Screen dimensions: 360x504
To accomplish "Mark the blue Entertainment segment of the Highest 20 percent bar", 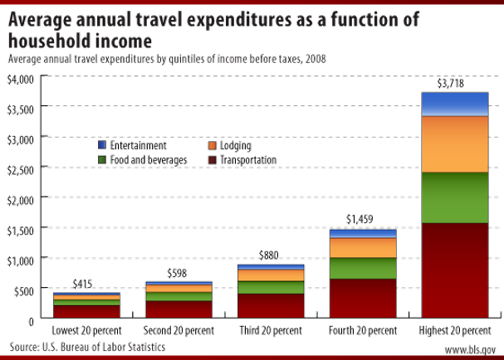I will click(454, 103).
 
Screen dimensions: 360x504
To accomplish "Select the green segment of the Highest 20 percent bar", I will click(454, 197).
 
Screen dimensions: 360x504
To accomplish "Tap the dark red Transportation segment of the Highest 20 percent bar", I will click(454, 270).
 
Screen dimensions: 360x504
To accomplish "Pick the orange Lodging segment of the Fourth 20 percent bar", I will click(363, 247).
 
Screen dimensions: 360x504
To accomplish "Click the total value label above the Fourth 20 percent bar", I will click(362, 219).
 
